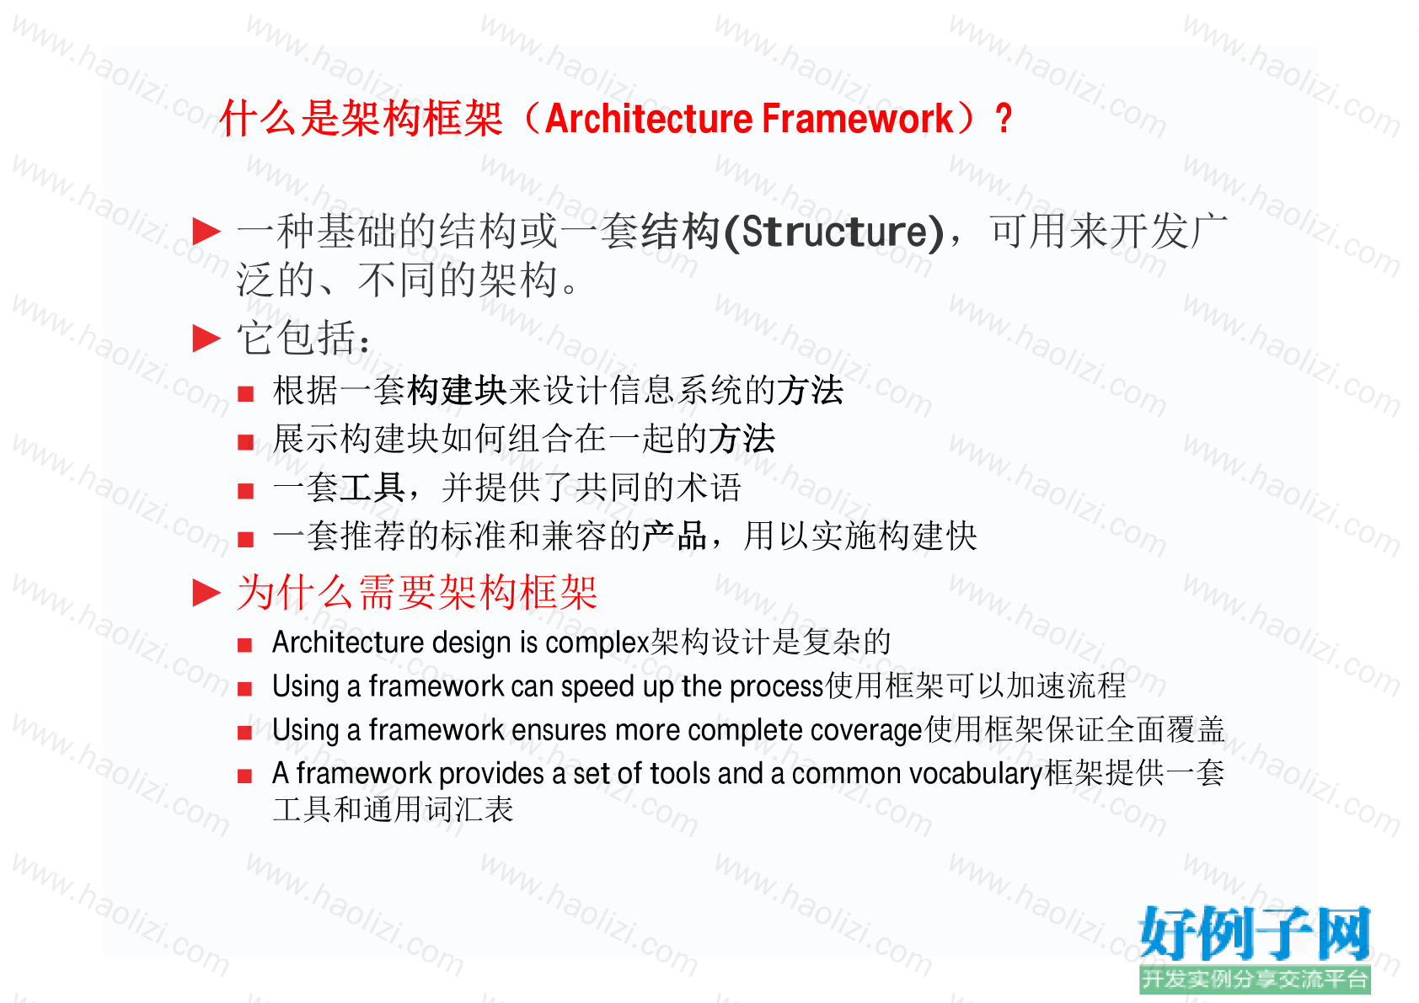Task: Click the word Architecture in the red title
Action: coord(649,119)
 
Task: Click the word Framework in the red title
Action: coord(858,119)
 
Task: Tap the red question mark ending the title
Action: coord(1004,119)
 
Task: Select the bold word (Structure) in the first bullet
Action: coord(833,232)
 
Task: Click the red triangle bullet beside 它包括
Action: coord(206,339)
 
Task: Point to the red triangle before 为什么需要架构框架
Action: coord(206,594)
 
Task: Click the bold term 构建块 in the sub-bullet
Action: coord(457,390)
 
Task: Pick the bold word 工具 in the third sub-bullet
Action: coord(372,488)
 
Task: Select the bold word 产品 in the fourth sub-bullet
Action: coord(674,536)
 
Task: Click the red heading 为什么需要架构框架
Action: coord(417,593)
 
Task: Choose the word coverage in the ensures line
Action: coord(866,731)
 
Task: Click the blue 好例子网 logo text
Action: coord(1255,933)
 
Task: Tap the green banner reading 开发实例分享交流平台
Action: coord(1255,979)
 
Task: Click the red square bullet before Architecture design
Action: coord(245,645)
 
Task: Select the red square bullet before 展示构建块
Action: coord(245,442)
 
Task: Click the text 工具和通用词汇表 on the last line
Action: coord(393,809)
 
